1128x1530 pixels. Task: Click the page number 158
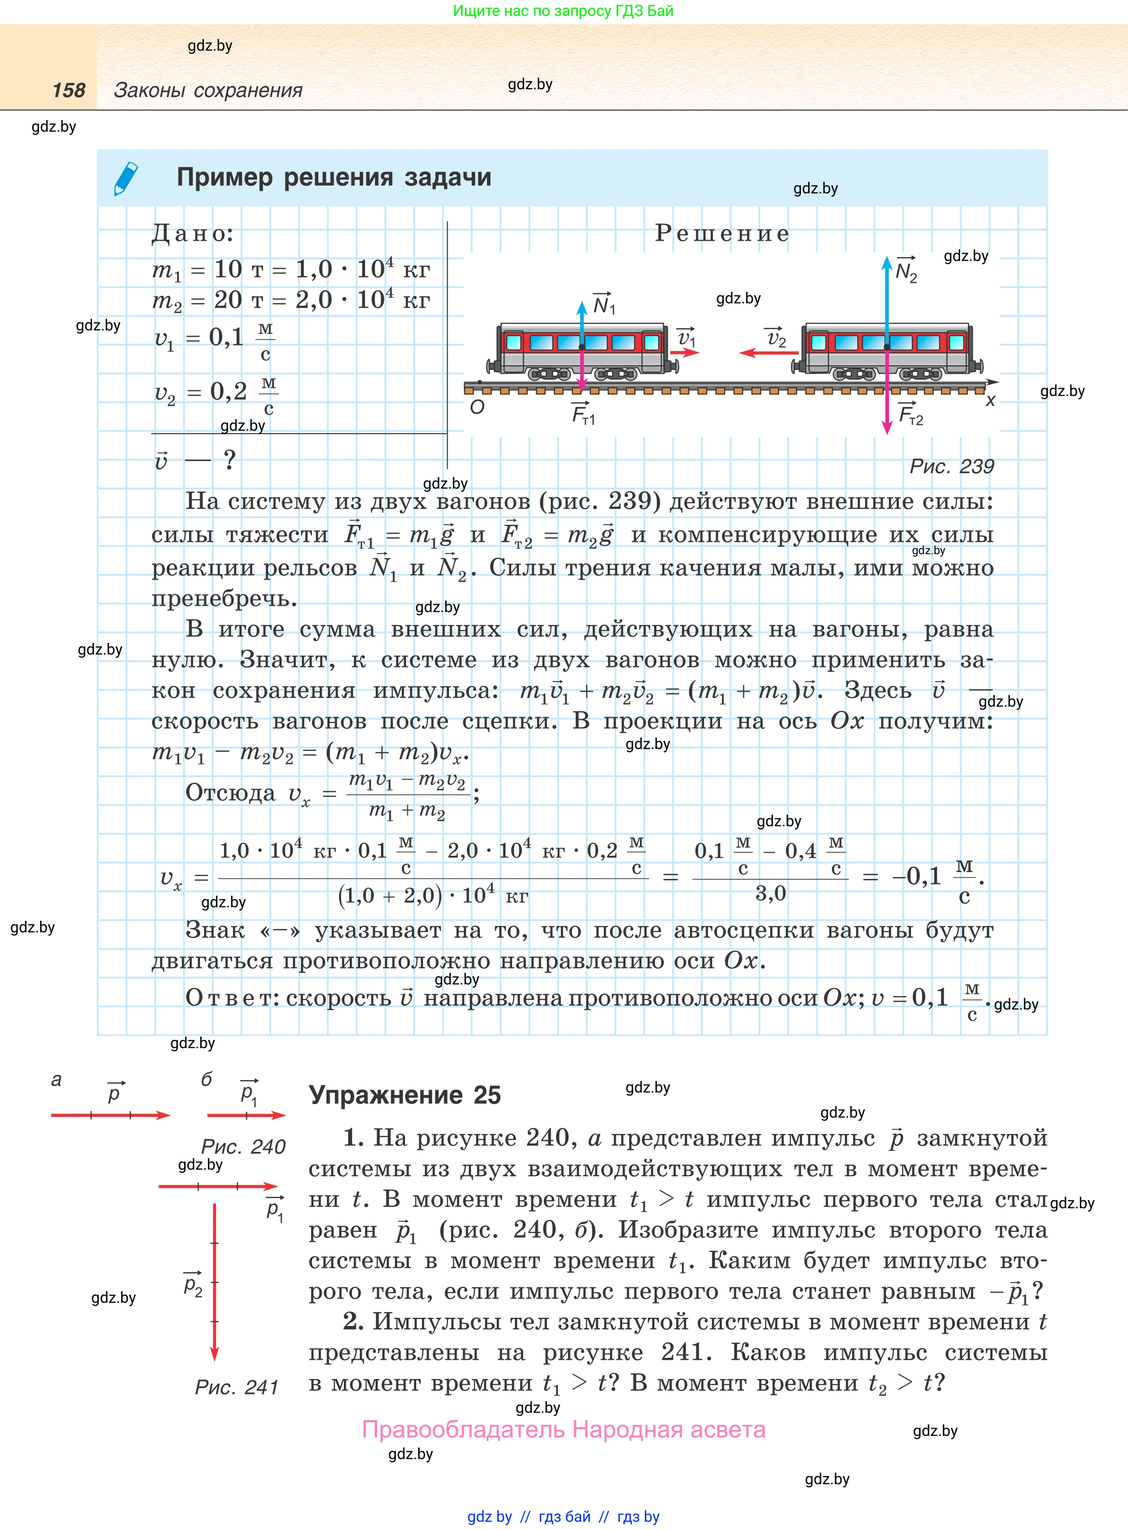pos(69,90)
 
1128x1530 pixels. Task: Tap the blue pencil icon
pos(126,179)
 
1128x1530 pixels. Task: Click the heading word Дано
pos(192,233)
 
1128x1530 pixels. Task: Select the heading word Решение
pos(722,233)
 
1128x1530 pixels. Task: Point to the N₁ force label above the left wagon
pos(604,304)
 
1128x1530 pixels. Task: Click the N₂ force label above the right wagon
pos(906,271)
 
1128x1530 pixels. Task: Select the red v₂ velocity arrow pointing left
pos(769,353)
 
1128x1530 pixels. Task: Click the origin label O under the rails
pos(477,408)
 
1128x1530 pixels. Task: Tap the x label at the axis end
pos(990,401)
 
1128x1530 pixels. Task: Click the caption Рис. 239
pos(951,466)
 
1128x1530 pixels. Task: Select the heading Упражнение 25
pos(405,1095)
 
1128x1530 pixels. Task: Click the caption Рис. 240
pos(243,1147)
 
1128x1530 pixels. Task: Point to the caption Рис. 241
pos(237,1387)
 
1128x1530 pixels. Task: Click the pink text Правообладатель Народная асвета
pos(563,1429)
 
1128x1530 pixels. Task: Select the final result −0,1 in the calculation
pos(916,876)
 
